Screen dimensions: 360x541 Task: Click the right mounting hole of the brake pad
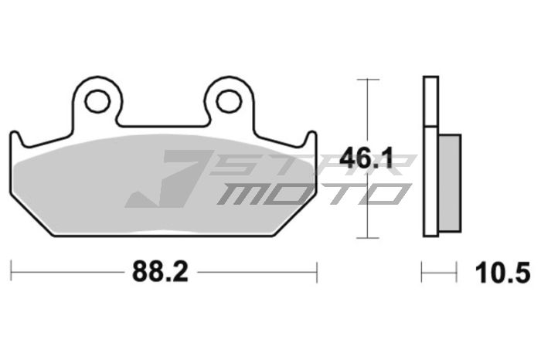pos(227,100)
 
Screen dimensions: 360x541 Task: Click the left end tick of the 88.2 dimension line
pos(12,271)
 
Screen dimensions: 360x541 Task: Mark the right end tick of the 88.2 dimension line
pos(317,271)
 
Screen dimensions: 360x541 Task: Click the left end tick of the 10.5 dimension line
pos(422,271)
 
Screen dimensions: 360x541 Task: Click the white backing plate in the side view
pos(430,155)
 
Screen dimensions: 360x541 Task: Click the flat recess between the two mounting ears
pos(162,124)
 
